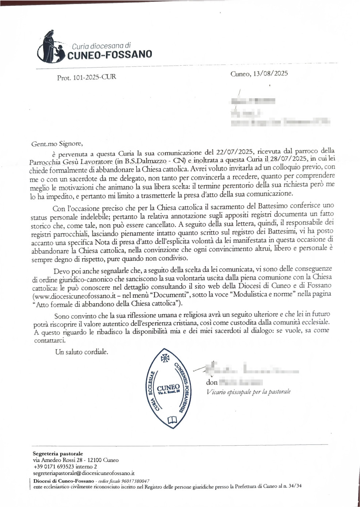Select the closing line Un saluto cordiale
coord(81,352)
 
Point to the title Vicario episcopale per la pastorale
coord(248,392)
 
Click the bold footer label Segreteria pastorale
coord(58,454)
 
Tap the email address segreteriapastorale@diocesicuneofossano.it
coord(84,473)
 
